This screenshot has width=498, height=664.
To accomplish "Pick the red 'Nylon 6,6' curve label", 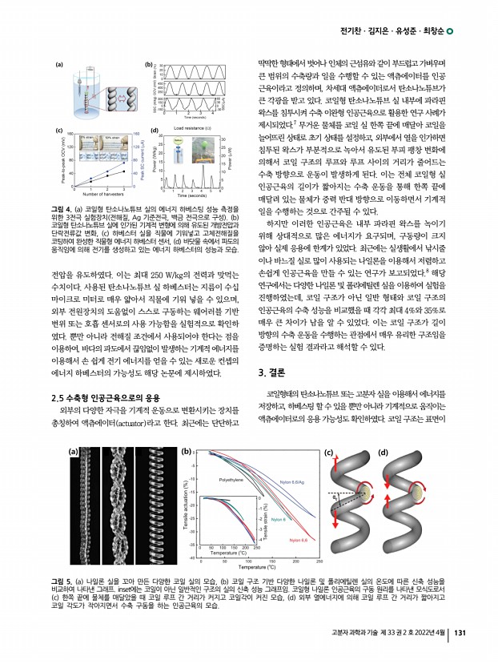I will pyautogui.click(x=301, y=541).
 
